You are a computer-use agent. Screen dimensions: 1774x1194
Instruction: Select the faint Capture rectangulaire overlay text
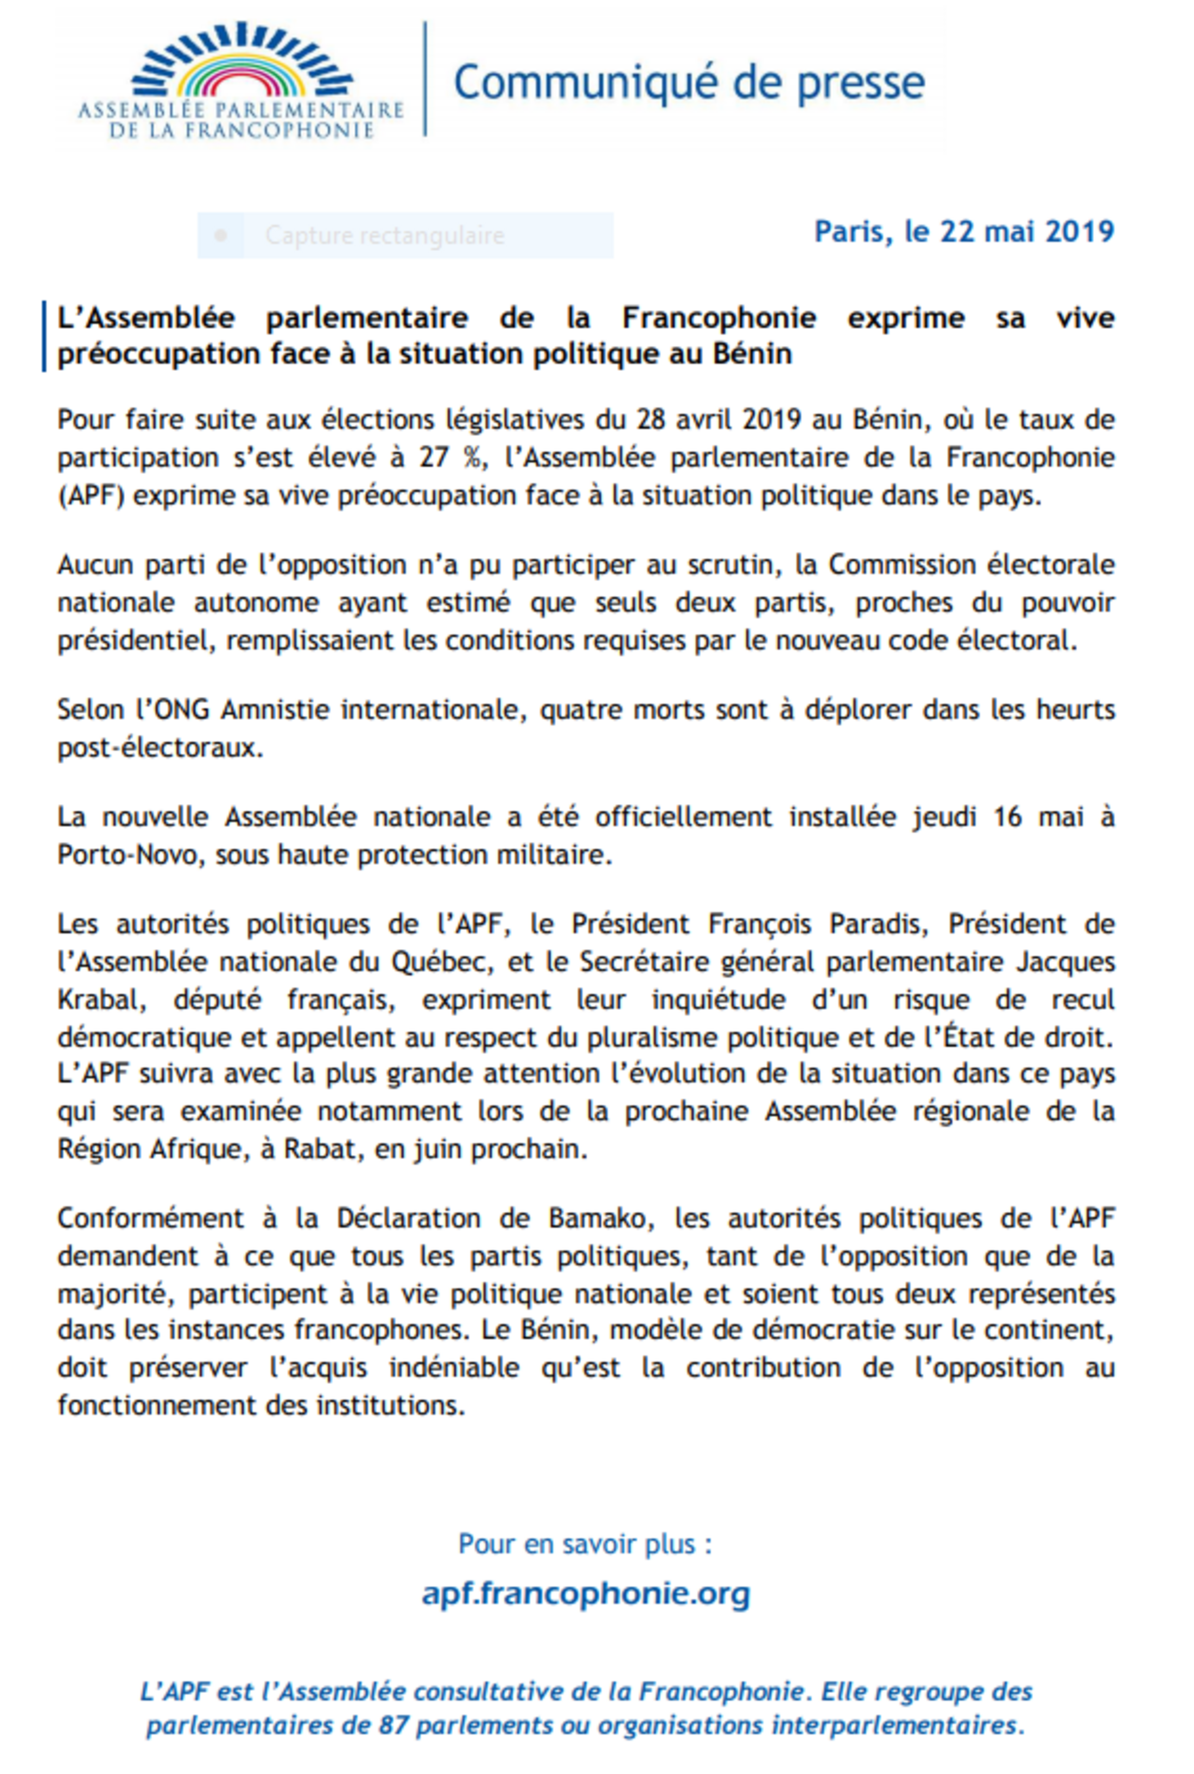tap(385, 236)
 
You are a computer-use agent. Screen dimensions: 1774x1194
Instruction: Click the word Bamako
tap(600, 1218)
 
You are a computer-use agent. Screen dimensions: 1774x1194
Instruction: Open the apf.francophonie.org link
tap(586, 1593)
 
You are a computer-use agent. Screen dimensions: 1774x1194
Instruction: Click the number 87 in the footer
tap(393, 1725)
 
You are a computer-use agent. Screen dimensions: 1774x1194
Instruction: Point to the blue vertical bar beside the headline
tap(44, 336)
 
